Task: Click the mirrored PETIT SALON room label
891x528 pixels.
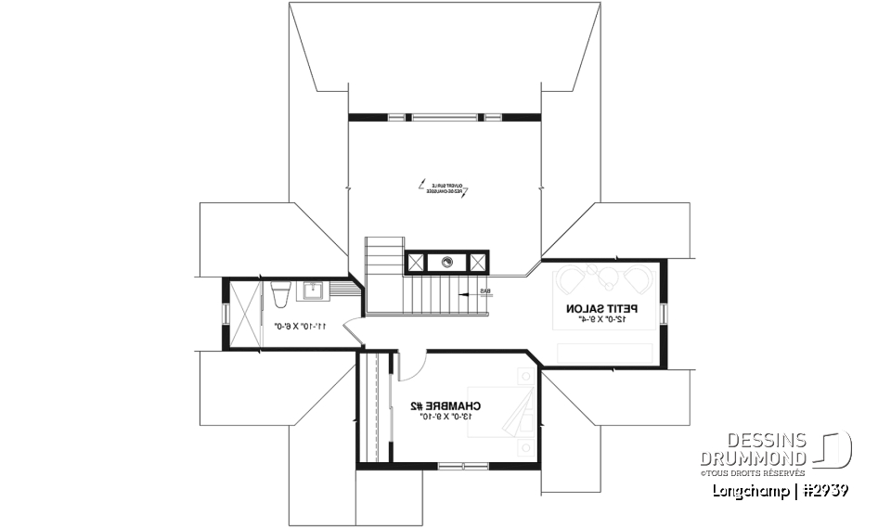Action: [x=600, y=308]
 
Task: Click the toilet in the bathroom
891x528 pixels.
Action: [x=279, y=292]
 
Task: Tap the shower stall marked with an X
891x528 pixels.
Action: [x=242, y=314]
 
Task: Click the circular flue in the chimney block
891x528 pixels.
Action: [x=446, y=262]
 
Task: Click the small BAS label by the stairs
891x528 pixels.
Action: [x=485, y=290]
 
